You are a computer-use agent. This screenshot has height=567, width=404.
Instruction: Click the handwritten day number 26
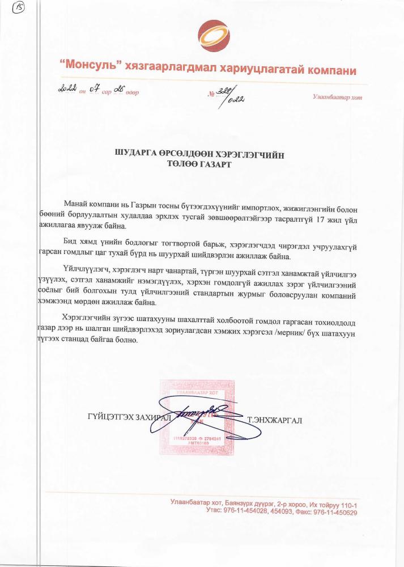118,89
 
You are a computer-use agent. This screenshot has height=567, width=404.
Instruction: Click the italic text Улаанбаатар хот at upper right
337,97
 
